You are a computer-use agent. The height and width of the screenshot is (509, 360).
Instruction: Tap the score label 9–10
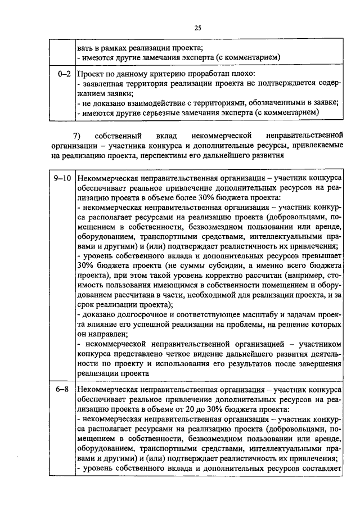(61, 178)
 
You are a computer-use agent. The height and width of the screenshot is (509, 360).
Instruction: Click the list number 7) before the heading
(78, 136)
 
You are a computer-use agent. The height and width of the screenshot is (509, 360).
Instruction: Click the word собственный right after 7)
(115, 136)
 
